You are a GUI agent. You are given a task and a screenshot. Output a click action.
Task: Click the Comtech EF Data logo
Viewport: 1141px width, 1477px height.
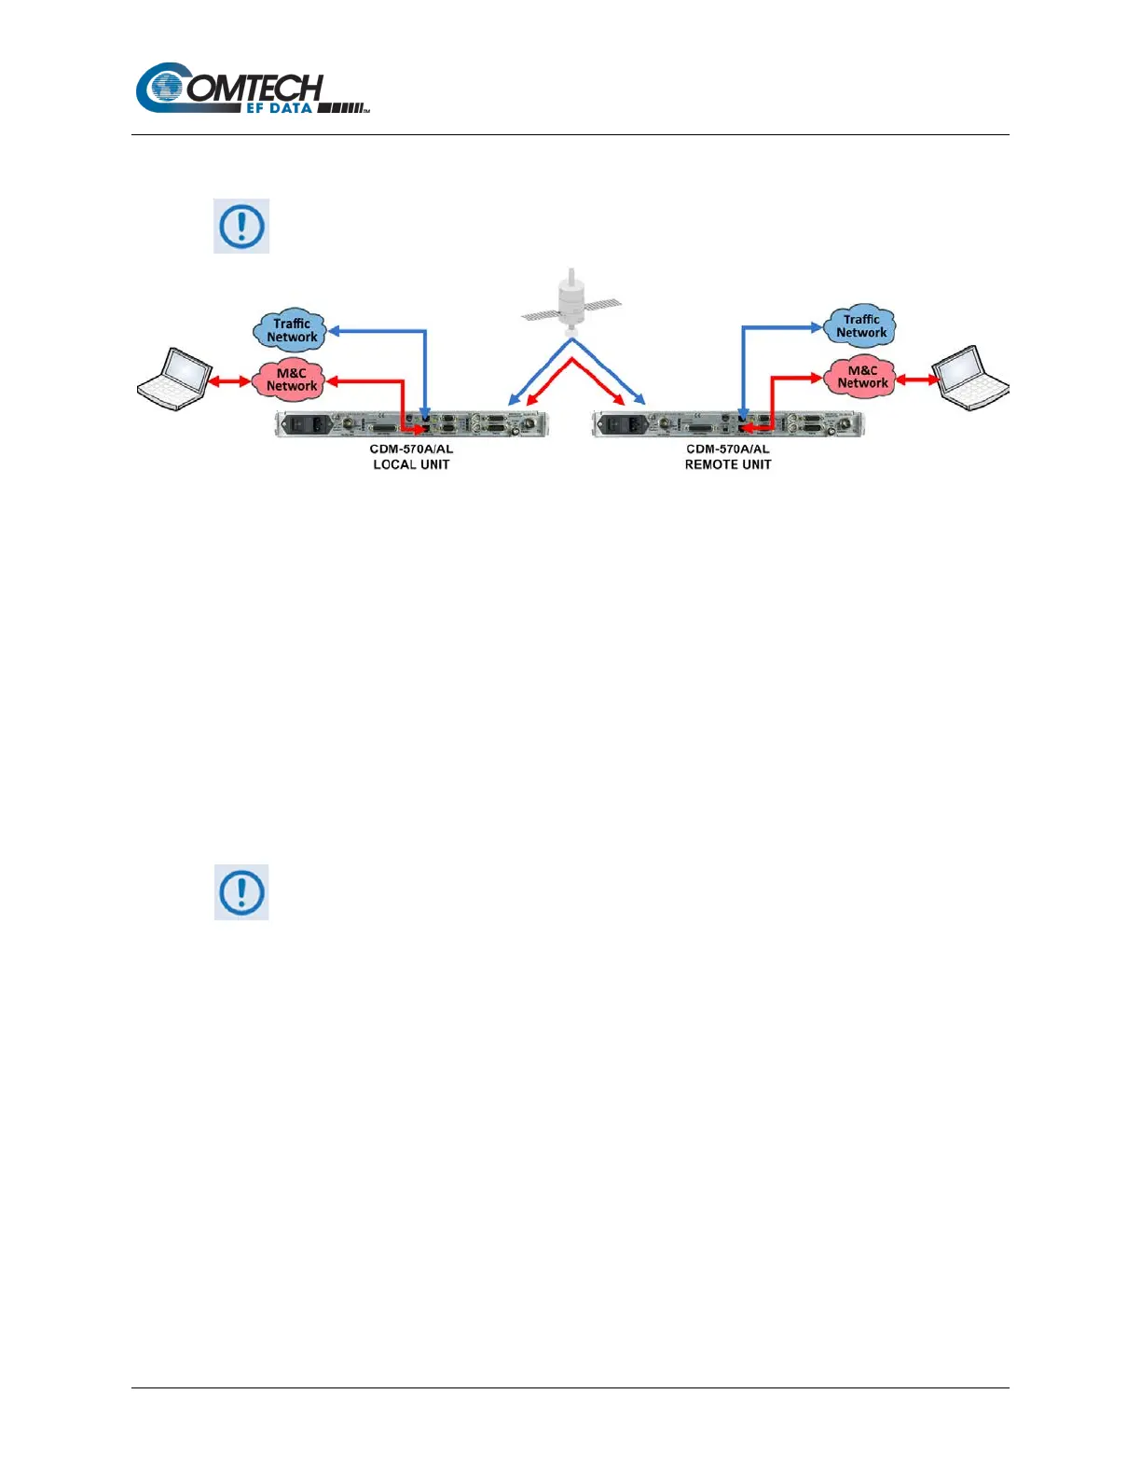tap(252, 90)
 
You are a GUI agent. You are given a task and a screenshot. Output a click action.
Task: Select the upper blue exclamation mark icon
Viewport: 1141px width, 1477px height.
tap(241, 226)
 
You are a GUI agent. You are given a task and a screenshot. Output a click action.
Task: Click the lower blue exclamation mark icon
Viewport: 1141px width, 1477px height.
tap(241, 892)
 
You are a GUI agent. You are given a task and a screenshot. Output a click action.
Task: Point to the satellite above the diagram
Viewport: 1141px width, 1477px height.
tap(570, 300)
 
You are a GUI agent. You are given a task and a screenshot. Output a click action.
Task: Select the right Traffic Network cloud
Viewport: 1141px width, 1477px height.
tap(860, 326)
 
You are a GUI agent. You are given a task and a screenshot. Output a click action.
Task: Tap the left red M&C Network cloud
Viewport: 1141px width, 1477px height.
tap(291, 380)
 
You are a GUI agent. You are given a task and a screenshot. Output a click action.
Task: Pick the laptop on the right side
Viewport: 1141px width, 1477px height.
tap(971, 377)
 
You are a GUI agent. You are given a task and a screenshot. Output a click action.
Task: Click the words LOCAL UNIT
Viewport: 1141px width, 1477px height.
tap(411, 464)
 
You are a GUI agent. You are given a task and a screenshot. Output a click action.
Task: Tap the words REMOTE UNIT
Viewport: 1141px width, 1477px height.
tap(728, 464)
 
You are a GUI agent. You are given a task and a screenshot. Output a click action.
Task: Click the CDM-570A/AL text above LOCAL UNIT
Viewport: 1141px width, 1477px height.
tap(411, 449)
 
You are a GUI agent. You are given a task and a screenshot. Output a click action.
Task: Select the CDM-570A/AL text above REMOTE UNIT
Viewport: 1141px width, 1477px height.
tap(728, 449)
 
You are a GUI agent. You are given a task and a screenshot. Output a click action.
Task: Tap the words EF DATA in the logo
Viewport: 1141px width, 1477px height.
tap(279, 108)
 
